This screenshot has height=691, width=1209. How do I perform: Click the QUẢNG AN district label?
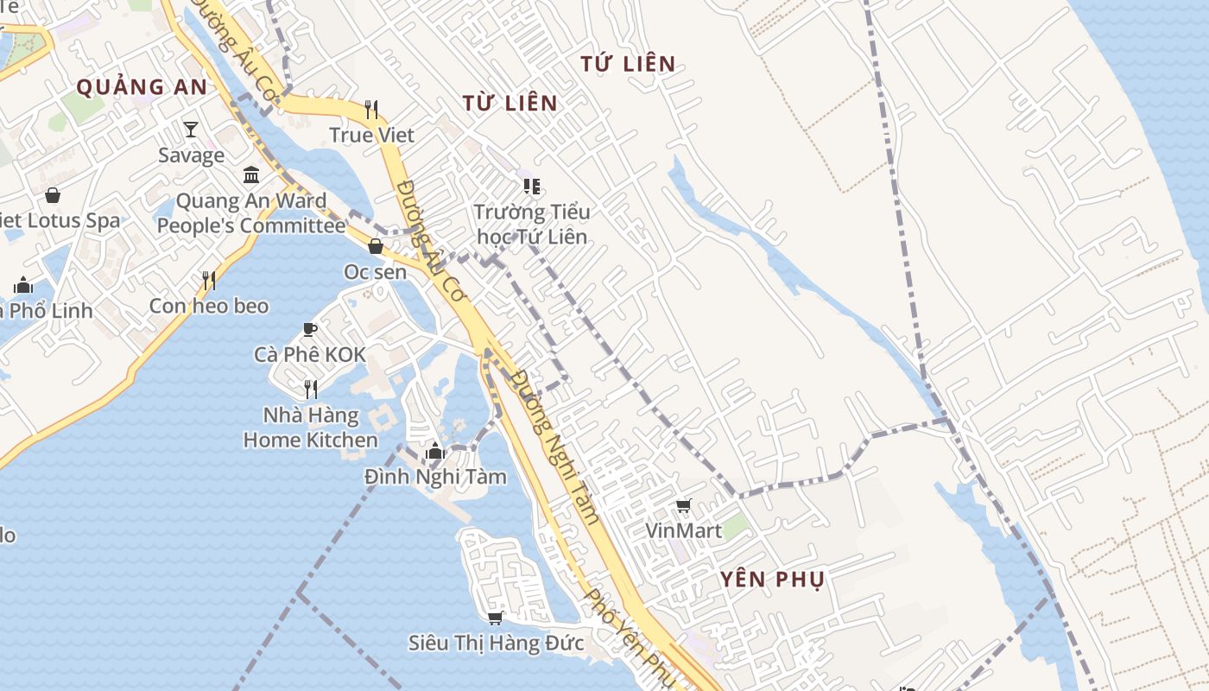tap(142, 87)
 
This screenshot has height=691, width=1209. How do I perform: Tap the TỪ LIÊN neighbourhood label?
tap(510, 104)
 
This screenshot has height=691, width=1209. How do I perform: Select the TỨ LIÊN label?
tap(628, 64)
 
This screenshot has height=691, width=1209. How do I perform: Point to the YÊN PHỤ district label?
tap(772, 580)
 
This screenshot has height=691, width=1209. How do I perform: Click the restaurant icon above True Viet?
tap(371, 110)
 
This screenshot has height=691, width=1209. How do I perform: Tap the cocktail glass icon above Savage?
tap(191, 130)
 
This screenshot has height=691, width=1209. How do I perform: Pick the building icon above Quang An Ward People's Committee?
tap(251, 175)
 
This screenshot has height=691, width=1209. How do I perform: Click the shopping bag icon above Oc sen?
tap(376, 247)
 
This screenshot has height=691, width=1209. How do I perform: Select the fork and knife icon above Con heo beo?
tap(208, 281)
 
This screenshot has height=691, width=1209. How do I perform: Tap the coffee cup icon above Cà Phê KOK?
tap(310, 329)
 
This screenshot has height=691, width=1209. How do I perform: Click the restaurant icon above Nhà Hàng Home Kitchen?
tap(311, 390)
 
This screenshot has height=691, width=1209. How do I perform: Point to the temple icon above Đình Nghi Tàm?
tap(435, 451)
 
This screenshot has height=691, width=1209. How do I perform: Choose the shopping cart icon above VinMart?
tap(684, 505)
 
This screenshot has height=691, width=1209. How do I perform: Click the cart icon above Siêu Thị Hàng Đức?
tap(496, 618)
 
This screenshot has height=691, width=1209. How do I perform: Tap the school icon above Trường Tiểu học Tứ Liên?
tap(531, 187)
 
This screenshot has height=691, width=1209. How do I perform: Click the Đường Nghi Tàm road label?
tap(555, 447)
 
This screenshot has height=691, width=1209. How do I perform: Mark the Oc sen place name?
tap(375, 272)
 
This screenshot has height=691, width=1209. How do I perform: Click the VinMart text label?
tap(684, 530)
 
